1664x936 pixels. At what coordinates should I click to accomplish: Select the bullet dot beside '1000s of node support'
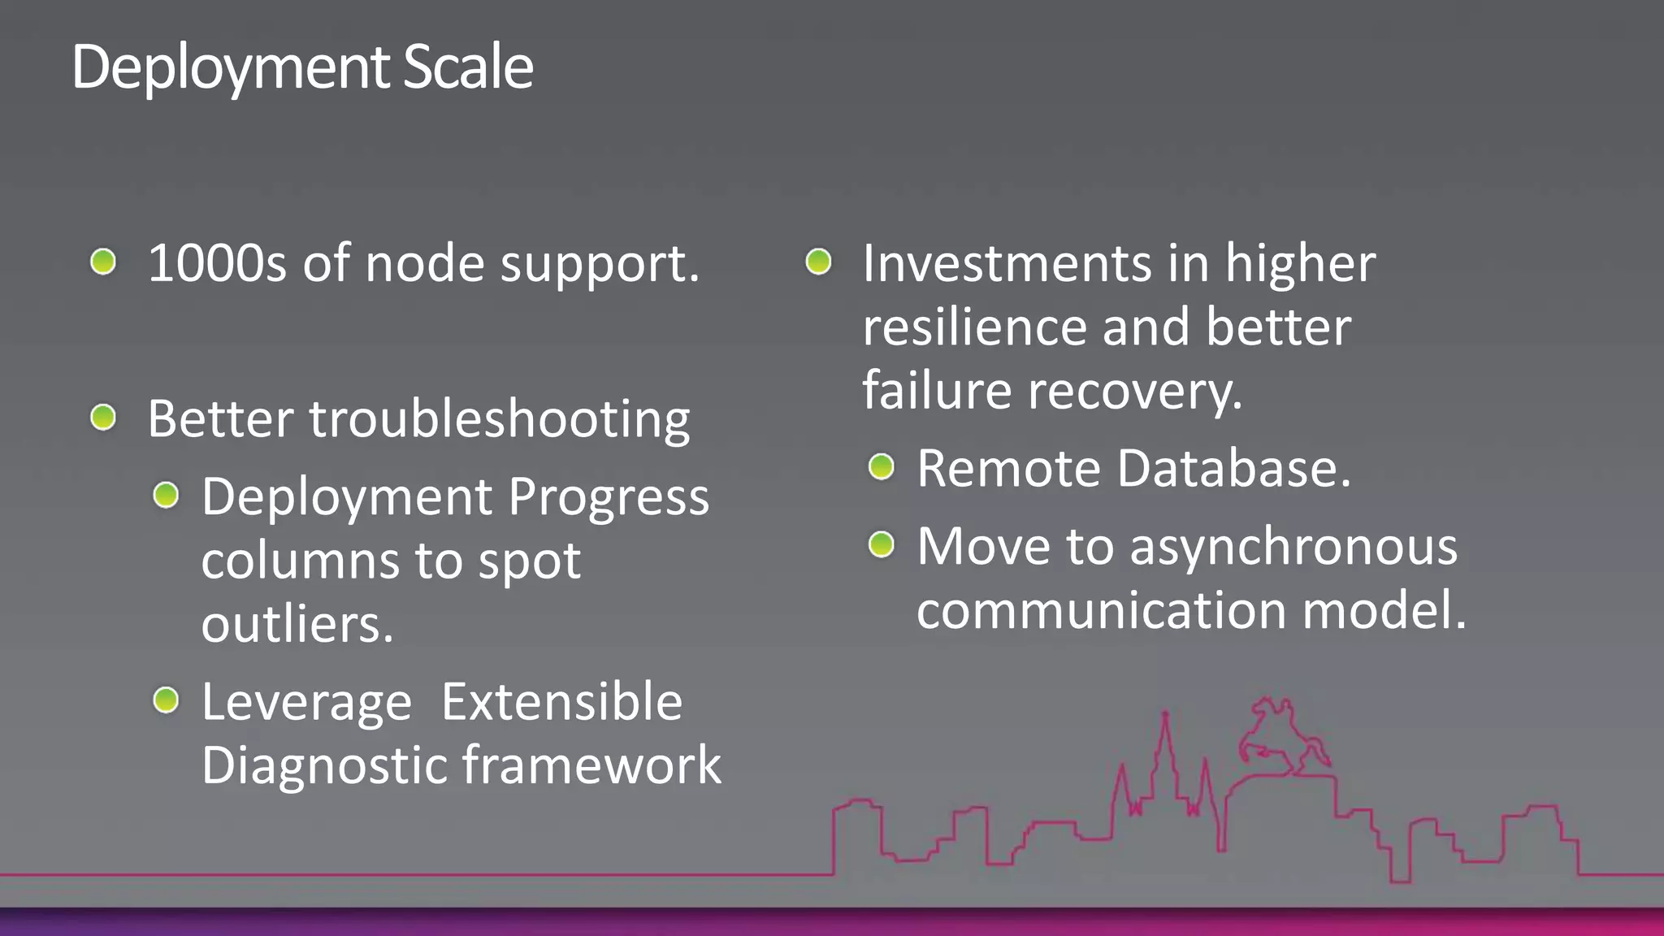[x=103, y=262]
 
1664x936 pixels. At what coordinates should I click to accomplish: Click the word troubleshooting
[x=499, y=420]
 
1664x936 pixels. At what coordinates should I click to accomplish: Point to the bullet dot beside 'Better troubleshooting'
[x=103, y=418]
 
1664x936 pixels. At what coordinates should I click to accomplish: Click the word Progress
[x=609, y=497]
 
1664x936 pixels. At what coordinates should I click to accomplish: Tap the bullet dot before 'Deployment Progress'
[x=166, y=494]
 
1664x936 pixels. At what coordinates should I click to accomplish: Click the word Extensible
[x=561, y=701]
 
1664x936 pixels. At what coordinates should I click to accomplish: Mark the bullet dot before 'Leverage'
[x=166, y=699]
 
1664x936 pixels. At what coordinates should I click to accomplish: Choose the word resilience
[x=974, y=327]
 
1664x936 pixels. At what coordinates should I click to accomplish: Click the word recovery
[x=1135, y=392]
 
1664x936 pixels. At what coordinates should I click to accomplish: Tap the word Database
[x=1234, y=469]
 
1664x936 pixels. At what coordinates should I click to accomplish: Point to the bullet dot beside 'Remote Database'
[x=881, y=466]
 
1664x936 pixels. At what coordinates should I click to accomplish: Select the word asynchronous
[x=1293, y=546]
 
